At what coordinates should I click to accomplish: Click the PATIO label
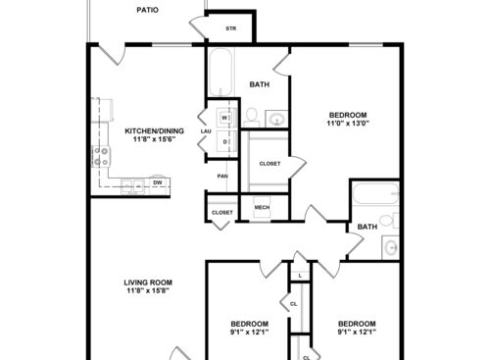(x=146, y=11)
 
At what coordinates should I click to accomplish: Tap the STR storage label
(x=231, y=28)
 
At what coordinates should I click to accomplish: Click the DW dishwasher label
(x=157, y=182)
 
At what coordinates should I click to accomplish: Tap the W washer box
(x=224, y=119)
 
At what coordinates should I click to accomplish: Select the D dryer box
(x=224, y=142)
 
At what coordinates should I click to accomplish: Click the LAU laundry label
(x=206, y=130)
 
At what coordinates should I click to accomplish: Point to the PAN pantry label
(x=222, y=177)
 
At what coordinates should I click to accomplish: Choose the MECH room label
(x=262, y=208)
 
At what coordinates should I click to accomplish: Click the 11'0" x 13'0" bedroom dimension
(x=347, y=124)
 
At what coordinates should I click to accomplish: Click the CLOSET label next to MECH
(x=222, y=212)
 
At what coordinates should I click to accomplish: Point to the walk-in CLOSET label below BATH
(x=269, y=163)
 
